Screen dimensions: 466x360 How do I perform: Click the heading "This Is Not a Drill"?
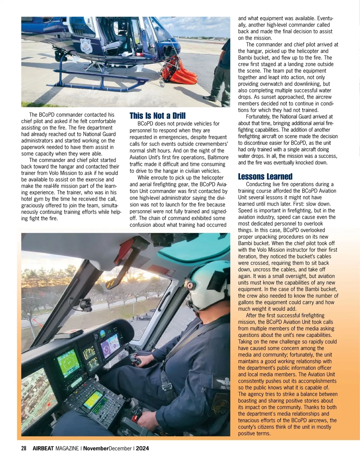[157, 116]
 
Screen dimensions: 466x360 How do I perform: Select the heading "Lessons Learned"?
[265, 176]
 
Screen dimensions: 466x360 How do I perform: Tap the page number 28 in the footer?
[24, 449]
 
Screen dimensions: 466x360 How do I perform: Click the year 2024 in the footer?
[142, 449]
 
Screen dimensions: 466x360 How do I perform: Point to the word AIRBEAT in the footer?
[43, 449]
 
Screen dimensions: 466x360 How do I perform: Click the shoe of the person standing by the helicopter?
[208, 98]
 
